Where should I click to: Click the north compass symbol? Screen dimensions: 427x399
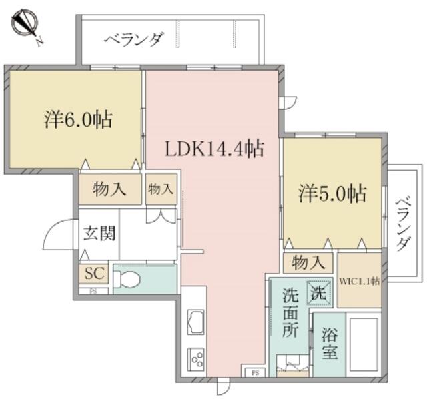tap(25, 23)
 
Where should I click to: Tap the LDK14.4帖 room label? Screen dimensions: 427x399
tap(215, 149)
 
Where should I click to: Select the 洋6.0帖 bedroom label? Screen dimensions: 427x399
tap(78, 120)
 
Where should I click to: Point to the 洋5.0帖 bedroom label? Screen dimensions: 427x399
tap(332, 193)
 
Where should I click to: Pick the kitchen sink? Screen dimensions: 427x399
tap(195, 322)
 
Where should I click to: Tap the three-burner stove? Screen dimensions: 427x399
tap(196, 359)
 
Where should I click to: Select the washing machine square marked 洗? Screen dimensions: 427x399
tap(319, 293)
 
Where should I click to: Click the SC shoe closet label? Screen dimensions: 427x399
tap(94, 273)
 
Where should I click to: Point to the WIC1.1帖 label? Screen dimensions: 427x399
tap(359, 281)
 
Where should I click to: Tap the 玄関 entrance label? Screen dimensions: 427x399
tap(99, 233)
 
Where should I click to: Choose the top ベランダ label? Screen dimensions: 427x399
tap(134, 40)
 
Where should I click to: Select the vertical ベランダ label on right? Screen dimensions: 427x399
tap(402, 223)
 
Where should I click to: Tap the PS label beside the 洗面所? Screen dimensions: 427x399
tap(255, 373)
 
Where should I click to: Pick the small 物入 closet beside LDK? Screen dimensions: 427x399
tap(161, 189)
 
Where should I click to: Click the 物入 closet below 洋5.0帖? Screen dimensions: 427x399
tap(308, 262)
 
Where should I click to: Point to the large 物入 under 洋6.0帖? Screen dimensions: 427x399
tap(109, 189)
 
